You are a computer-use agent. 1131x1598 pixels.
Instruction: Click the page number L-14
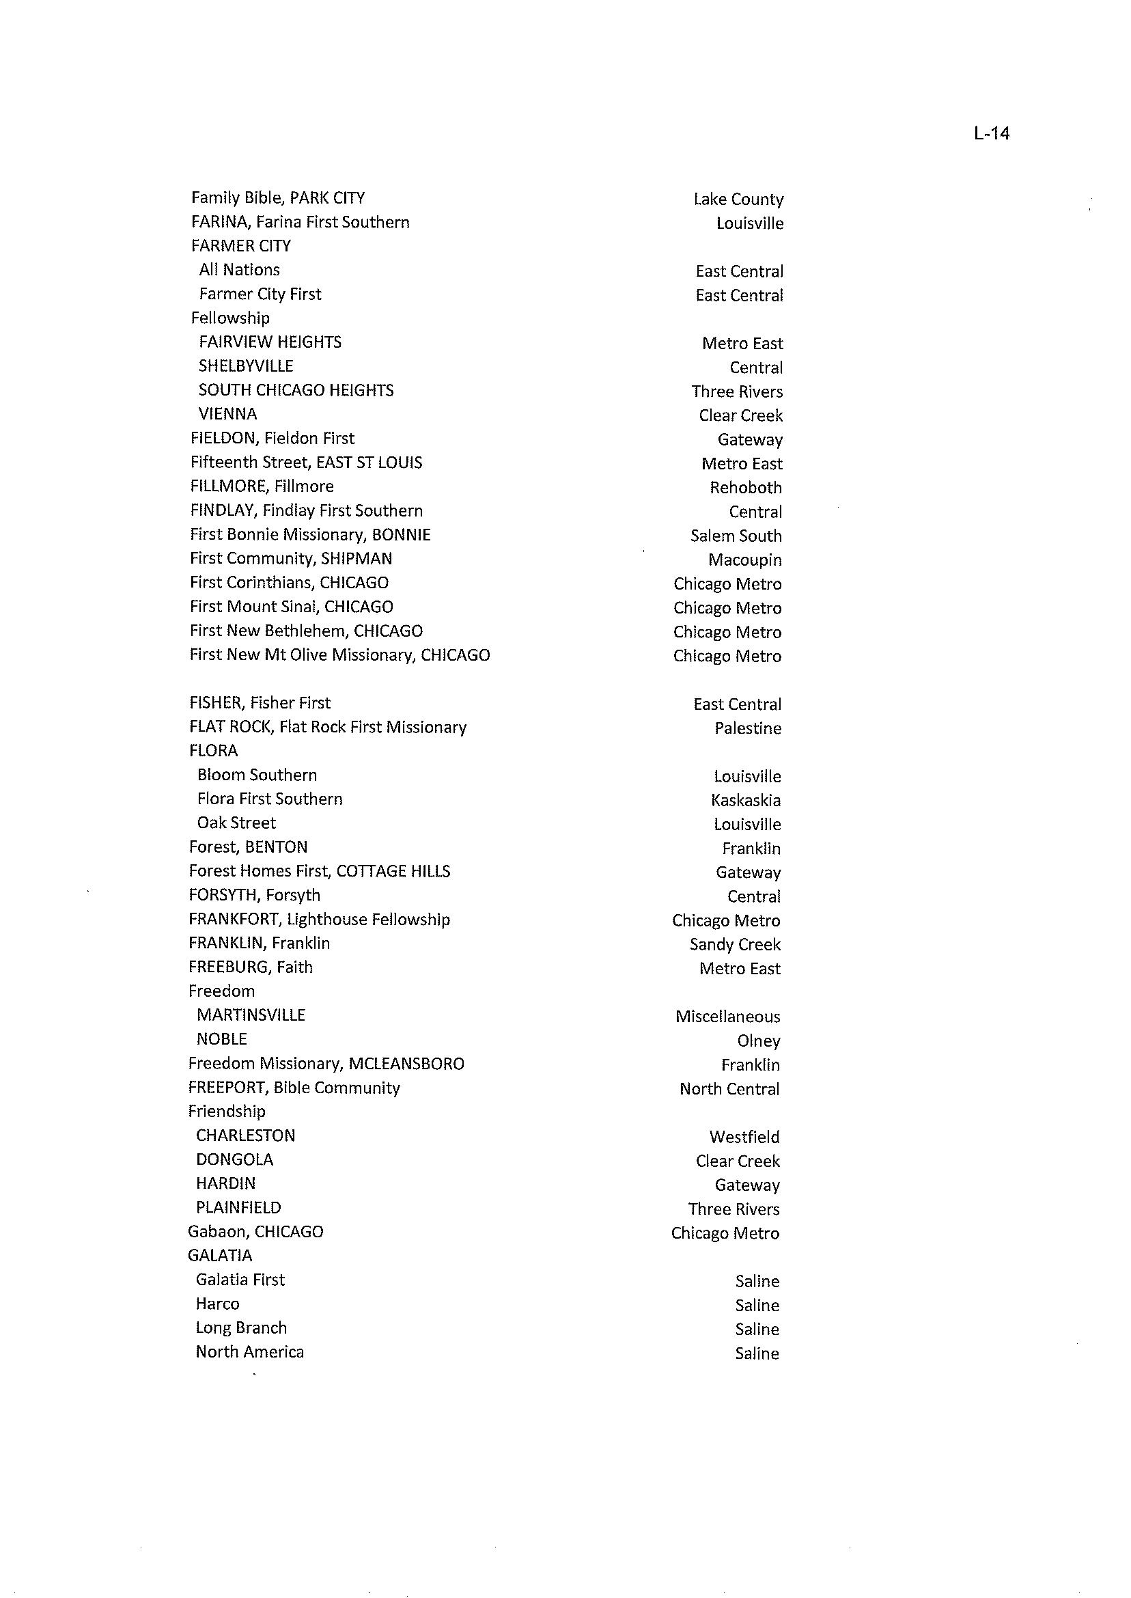[x=991, y=133]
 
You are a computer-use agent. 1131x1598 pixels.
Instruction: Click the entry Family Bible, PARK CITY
[x=278, y=198]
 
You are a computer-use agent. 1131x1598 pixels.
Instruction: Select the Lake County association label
[x=738, y=199]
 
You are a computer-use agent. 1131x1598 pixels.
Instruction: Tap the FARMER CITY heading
[x=241, y=246]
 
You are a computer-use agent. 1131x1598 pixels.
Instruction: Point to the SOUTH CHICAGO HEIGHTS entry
[x=296, y=390]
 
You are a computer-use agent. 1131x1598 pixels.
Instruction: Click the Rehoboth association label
[x=745, y=488]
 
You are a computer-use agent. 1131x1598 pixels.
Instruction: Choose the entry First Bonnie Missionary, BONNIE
[x=310, y=534]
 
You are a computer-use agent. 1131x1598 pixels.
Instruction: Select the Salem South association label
[x=736, y=536]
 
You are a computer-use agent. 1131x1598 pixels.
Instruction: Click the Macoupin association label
[x=744, y=560]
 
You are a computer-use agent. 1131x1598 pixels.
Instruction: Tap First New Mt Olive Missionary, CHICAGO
[x=340, y=655]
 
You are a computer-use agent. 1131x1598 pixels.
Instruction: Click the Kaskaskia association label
[x=746, y=801]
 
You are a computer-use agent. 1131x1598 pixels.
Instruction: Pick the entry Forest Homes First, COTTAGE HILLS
[x=319, y=871]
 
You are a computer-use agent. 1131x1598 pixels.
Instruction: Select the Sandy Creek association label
[x=735, y=945]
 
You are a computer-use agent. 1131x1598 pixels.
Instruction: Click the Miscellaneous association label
[x=727, y=1017]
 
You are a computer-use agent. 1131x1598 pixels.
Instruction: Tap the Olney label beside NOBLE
[x=758, y=1041]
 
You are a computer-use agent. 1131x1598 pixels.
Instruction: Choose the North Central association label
[x=729, y=1089]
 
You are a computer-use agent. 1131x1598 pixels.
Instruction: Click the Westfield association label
[x=744, y=1137]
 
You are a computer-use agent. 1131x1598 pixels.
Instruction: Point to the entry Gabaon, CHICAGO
[x=255, y=1232]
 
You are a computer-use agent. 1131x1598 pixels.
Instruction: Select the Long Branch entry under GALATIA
[x=241, y=1327]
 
